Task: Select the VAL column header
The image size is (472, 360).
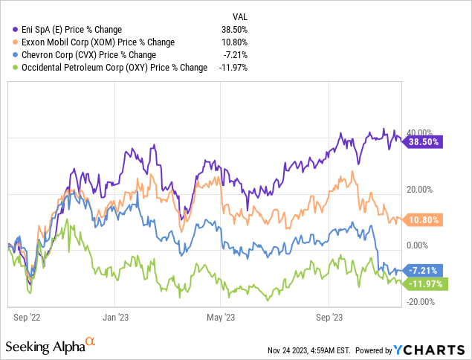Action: click(x=239, y=15)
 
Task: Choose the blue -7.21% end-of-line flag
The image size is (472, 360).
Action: click(x=423, y=270)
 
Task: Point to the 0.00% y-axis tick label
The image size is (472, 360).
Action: click(x=416, y=245)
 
